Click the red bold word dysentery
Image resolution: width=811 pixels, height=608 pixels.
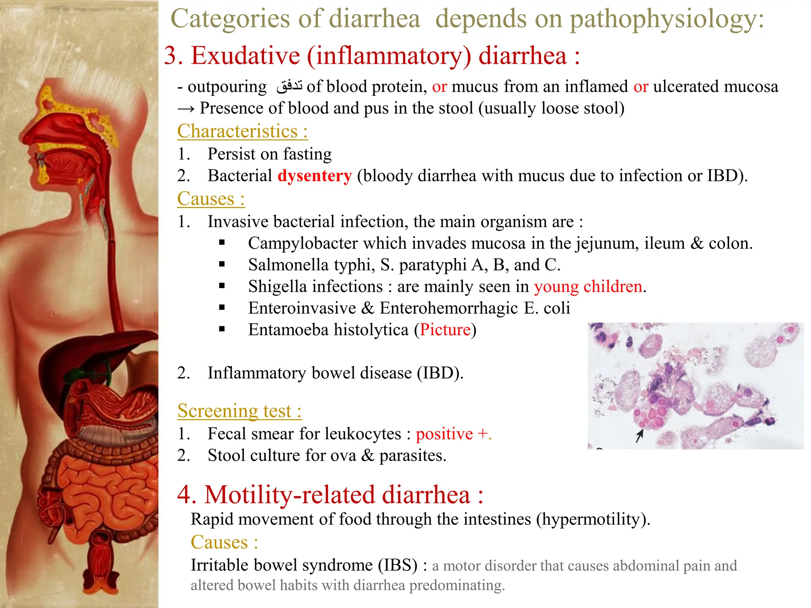click(x=314, y=176)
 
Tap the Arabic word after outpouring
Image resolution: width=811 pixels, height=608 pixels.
click(x=289, y=86)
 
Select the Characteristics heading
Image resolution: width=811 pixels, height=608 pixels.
click(x=242, y=131)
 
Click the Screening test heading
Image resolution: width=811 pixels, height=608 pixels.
click(x=239, y=411)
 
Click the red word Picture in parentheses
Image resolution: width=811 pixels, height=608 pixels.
click(x=445, y=330)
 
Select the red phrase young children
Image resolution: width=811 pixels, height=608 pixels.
click(x=588, y=287)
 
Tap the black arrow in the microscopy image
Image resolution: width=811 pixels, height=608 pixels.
click(x=639, y=436)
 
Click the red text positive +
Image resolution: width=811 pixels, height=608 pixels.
click(x=453, y=434)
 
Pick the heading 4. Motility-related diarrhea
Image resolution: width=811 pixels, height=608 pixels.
click(x=330, y=495)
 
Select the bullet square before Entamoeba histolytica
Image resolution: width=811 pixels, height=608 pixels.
click(x=222, y=329)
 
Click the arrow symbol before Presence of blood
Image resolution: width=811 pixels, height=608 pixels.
click(x=186, y=109)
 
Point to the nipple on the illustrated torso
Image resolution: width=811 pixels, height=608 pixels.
click(x=53, y=315)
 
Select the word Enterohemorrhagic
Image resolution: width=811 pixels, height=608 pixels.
click(x=448, y=308)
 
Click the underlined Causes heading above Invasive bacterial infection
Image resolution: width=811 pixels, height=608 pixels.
click(x=211, y=199)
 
